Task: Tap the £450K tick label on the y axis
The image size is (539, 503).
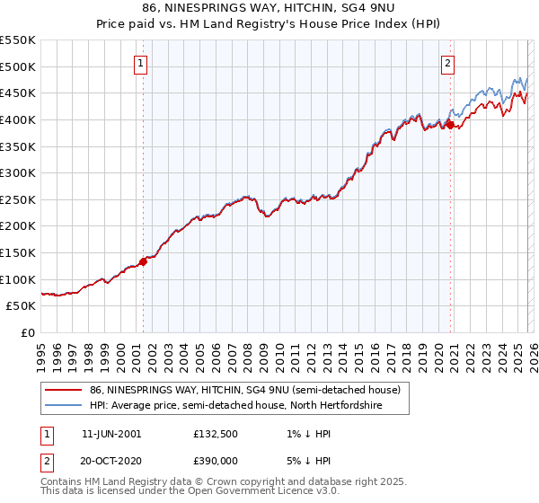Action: [18, 93]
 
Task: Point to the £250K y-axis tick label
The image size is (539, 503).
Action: [18, 199]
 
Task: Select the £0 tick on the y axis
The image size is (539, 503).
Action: [29, 332]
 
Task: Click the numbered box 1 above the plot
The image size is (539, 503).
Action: [143, 63]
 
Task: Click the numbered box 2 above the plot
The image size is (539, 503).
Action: [447, 63]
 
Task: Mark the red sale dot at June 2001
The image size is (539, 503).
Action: [143, 262]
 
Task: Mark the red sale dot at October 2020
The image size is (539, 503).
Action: [450, 125]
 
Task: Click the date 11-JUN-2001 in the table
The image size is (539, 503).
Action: [111, 434]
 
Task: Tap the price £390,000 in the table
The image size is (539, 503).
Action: [216, 459]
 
